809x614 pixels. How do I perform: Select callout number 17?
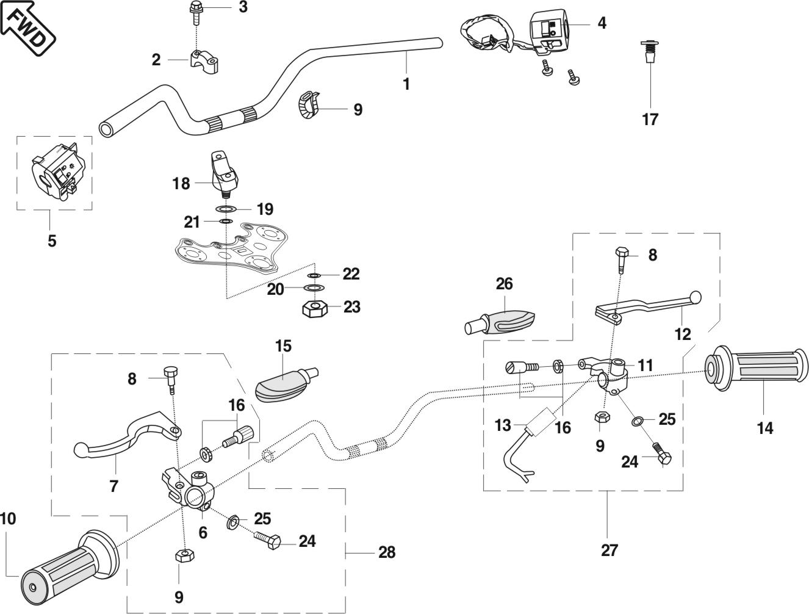pyautogui.click(x=650, y=119)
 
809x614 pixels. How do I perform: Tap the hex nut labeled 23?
pyautogui.click(x=314, y=308)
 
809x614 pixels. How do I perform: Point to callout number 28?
pyautogui.click(x=387, y=552)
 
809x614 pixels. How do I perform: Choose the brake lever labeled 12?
pyautogui.click(x=647, y=305)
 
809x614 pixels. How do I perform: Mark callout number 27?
pyautogui.click(x=609, y=550)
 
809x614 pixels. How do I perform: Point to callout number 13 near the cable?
pyautogui.click(x=503, y=425)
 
